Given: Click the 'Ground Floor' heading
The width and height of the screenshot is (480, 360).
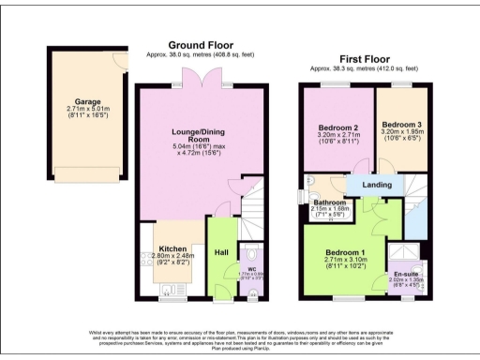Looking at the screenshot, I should [x=200, y=45].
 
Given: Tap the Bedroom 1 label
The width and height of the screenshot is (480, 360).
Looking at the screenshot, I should [x=344, y=253].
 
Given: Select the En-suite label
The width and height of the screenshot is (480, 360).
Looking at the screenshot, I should [x=406, y=276].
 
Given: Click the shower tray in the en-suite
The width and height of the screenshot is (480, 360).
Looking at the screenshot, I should [x=406, y=255].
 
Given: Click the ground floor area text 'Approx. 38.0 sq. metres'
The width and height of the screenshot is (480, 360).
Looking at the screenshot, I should [x=200, y=55].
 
